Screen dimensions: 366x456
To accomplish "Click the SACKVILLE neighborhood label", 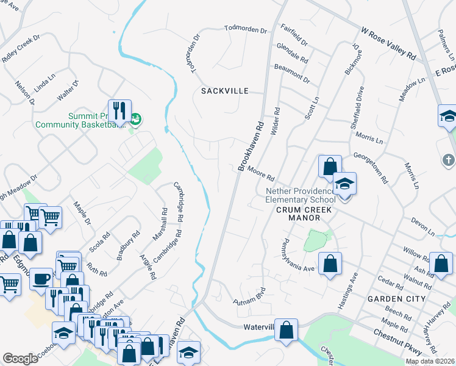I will click(x=225, y=91).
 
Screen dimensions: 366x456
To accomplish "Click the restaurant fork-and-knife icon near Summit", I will click(x=119, y=111).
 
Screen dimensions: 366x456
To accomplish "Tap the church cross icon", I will click(x=448, y=160).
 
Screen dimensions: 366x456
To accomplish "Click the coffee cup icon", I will click(x=40, y=278).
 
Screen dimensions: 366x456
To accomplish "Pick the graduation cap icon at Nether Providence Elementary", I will click(x=344, y=184).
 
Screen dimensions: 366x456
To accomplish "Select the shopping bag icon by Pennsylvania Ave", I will click(x=330, y=264).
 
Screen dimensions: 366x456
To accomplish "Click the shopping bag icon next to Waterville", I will click(x=286, y=330).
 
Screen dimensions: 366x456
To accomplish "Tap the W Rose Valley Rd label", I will click(x=388, y=42).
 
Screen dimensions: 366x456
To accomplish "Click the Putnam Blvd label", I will click(x=251, y=296).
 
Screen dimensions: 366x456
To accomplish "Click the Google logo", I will click(x=20, y=359).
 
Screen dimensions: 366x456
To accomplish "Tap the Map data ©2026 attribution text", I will click(x=430, y=361).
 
